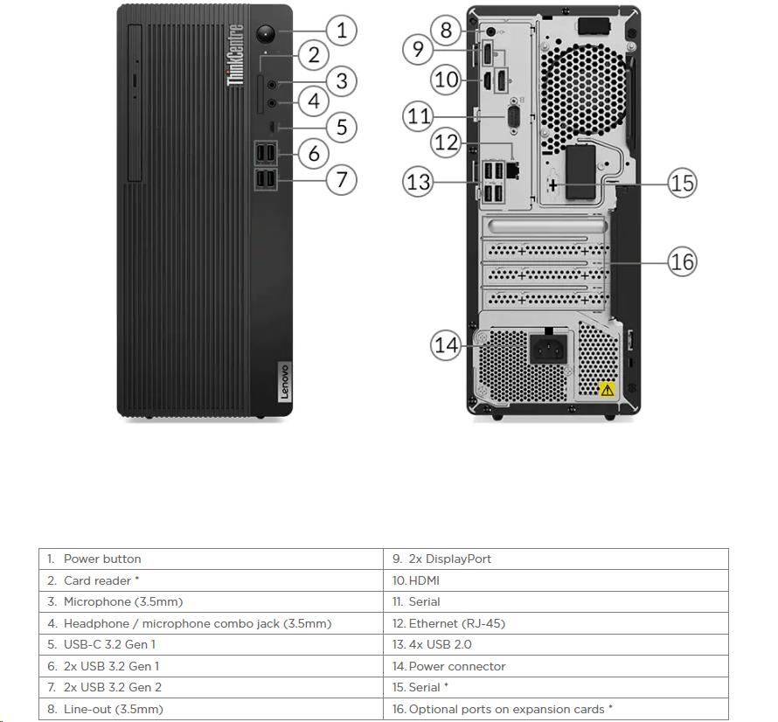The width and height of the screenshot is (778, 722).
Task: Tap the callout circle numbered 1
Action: tap(341, 31)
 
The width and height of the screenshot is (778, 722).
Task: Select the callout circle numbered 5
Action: tap(341, 127)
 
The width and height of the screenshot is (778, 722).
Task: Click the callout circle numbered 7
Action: tap(341, 180)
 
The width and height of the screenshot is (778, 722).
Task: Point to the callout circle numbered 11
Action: tap(420, 115)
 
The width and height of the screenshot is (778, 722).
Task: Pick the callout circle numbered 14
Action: tap(446, 344)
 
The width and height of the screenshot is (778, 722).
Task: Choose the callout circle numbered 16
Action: tap(682, 260)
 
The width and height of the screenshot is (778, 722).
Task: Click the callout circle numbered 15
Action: tap(682, 183)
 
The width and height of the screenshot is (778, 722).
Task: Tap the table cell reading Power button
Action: tap(211, 559)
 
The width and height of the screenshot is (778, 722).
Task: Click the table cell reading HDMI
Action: tap(555, 580)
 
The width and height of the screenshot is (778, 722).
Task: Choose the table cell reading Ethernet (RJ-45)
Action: tap(555, 623)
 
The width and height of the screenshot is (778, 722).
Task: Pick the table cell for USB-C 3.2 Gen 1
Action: tap(211, 644)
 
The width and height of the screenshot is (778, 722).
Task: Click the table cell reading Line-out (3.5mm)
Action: tap(211, 709)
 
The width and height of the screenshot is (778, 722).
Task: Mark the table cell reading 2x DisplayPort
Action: tap(555, 559)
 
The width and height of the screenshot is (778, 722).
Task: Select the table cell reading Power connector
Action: tap(555, 666)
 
